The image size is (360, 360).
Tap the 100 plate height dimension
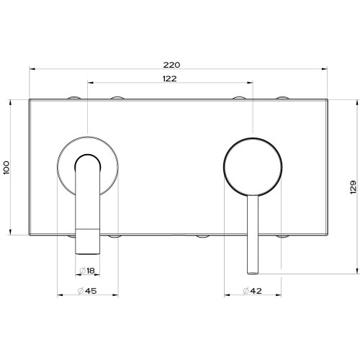(x=7, y=167)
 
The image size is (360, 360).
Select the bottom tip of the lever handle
(x=253, y=272)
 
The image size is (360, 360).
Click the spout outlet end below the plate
(x=88, y=245)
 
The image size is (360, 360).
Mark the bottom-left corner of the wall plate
(x=30, y=235)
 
